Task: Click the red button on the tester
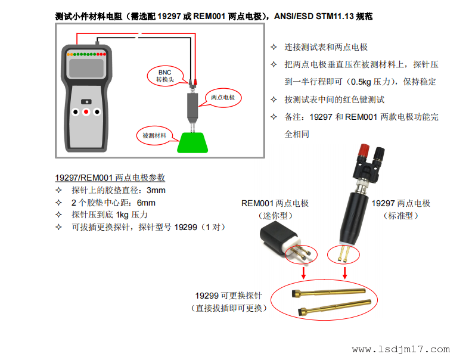[86, 112]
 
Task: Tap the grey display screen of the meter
[86, 68]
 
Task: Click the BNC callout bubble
[165, 76]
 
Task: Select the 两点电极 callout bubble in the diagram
[223, 98]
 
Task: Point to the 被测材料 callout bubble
[154, 135]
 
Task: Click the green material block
[192, 142]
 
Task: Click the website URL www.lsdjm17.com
[401, 349]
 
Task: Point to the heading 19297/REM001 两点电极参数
[110, 178]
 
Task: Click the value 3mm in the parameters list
[156, 190]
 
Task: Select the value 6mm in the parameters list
[146, 203]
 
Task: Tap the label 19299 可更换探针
[228, 296]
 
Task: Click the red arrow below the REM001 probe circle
[303, 272]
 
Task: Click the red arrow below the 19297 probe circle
[345, 272]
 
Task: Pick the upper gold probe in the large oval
[328, 293]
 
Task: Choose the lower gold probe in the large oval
[335, 308]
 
